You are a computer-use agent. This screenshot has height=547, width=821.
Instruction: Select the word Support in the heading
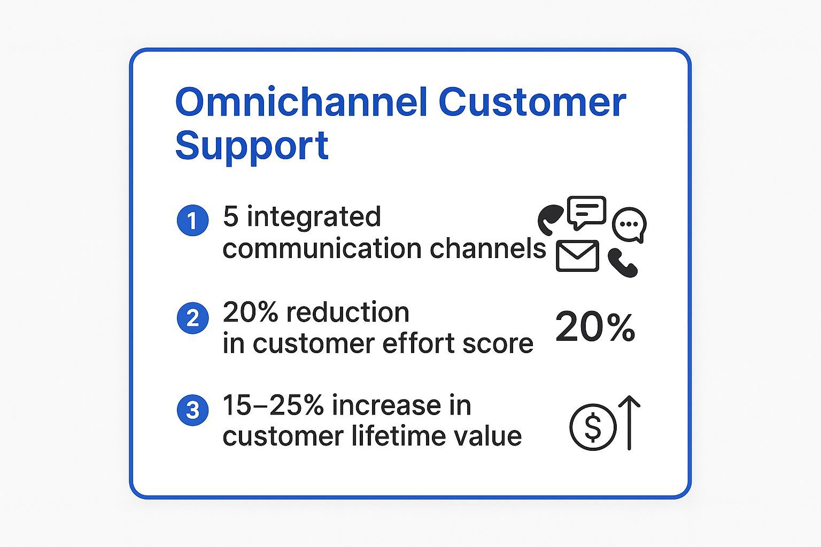click(x=252, y=146)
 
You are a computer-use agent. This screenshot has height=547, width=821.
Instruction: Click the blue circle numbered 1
click(x=193, y=220)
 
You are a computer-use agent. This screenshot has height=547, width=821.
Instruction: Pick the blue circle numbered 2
click(x=193, y=318)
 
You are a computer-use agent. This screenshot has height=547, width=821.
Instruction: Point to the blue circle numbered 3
click(x=193, y=410)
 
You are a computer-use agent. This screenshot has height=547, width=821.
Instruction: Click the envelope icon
click(x=578, y=256)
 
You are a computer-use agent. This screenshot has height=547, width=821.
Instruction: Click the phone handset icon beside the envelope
click(x=623, y=263)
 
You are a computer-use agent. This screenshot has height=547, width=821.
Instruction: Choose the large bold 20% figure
click(x=595, y=327)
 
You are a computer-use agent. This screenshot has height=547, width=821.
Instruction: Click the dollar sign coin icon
click(x=593, y=427)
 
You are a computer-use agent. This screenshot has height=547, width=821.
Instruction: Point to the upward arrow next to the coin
click(x=629, y=423)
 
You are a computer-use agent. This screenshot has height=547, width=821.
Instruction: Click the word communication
click(x=322, y=248)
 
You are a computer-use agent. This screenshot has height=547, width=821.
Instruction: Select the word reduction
click(x=347, y=312)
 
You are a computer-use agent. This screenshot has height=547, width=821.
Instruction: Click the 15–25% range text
click(x=274, y=405)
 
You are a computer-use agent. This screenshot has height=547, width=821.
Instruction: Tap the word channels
click(x=488, y=248)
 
